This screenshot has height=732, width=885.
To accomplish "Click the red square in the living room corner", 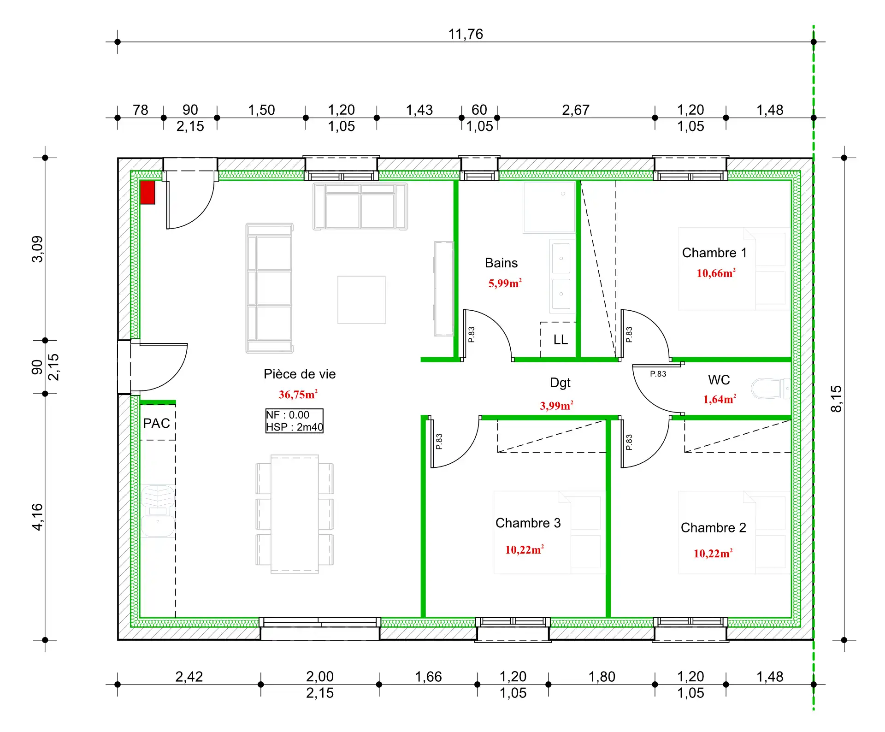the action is tap(147, 192).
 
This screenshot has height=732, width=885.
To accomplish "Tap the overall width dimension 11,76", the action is tap(466, 34).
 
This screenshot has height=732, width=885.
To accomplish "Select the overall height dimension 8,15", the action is tap(836, 399).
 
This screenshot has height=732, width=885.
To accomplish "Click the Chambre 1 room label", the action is tap(714, 253).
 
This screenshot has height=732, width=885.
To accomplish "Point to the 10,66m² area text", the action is tap(716, 273).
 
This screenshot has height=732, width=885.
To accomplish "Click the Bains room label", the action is tap(501, 263).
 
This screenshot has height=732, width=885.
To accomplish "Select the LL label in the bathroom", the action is tap(560, 340).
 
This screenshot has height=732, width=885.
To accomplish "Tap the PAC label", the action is tap(156, 423).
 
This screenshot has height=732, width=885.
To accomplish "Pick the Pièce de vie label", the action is tap(300, 374).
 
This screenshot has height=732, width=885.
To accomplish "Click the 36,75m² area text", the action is tap(298, 395).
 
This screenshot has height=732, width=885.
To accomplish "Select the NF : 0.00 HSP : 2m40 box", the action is tap(294, 421).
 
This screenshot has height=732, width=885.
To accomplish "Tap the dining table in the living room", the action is tap(295, 514).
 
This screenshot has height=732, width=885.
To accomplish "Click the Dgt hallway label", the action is tap(560, 383).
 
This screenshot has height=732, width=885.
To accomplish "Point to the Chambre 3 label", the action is tap(528, 523).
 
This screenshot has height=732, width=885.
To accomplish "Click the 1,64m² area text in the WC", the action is tap(720, 399).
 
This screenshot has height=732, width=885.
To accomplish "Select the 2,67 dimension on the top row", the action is tap(576, 110).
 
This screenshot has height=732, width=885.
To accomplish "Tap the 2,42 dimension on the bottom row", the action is tap(189, 677).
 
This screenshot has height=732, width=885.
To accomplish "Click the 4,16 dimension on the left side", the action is tap(37, 517).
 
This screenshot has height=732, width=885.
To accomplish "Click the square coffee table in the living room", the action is tap(361, 300).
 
